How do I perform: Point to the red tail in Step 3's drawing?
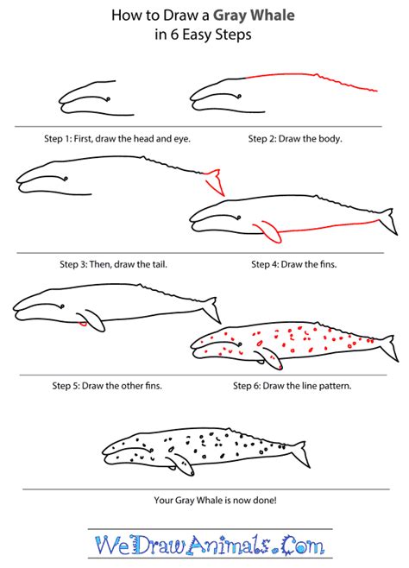tap(214, 182)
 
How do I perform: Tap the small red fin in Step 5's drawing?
tap(82, 323)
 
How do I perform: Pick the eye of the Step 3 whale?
tap(66, 179)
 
